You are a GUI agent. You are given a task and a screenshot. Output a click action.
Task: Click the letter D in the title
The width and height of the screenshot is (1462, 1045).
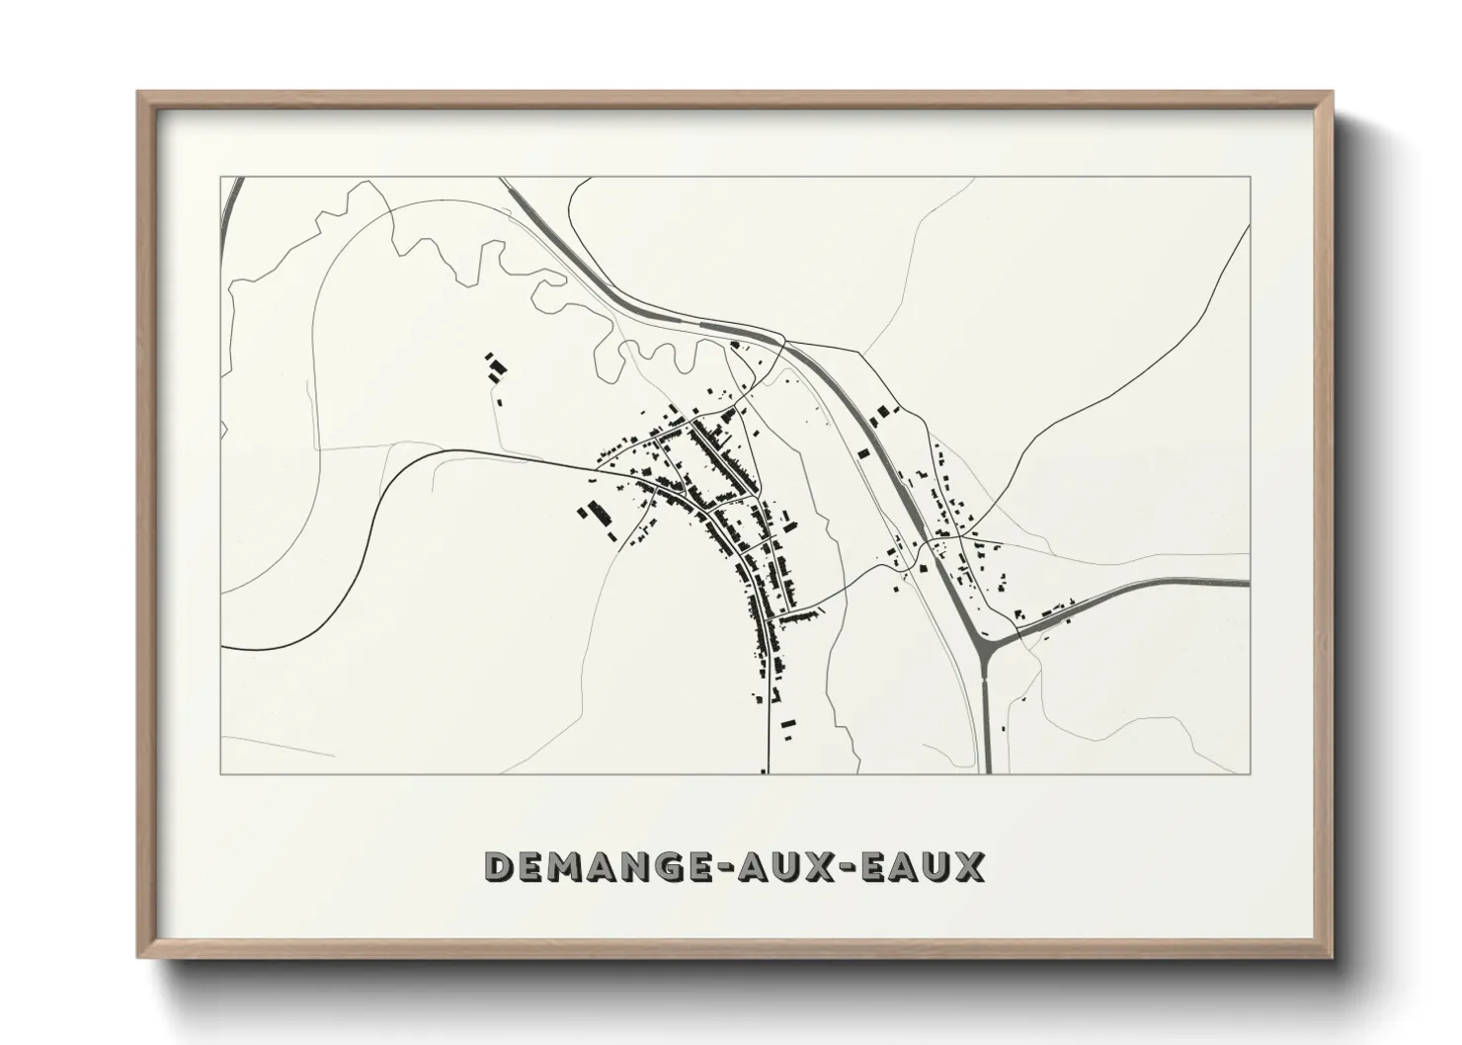(x=500, y=866)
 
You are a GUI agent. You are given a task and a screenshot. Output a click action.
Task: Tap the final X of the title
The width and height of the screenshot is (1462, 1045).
(x=969, y=866)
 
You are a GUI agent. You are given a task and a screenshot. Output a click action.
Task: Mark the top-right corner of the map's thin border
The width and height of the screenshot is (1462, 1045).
(x=1251, y=178)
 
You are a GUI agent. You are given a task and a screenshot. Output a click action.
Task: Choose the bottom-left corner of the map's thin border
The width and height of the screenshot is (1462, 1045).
(x=220, y=773)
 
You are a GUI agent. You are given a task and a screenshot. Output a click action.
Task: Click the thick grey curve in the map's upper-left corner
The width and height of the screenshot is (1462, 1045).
(x=229, y=202)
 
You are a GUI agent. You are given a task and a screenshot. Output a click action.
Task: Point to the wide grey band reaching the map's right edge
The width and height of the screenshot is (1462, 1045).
(x=1185, y=584)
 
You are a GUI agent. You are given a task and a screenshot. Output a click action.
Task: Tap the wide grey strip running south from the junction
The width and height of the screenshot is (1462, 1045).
(x=987, y=721)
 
